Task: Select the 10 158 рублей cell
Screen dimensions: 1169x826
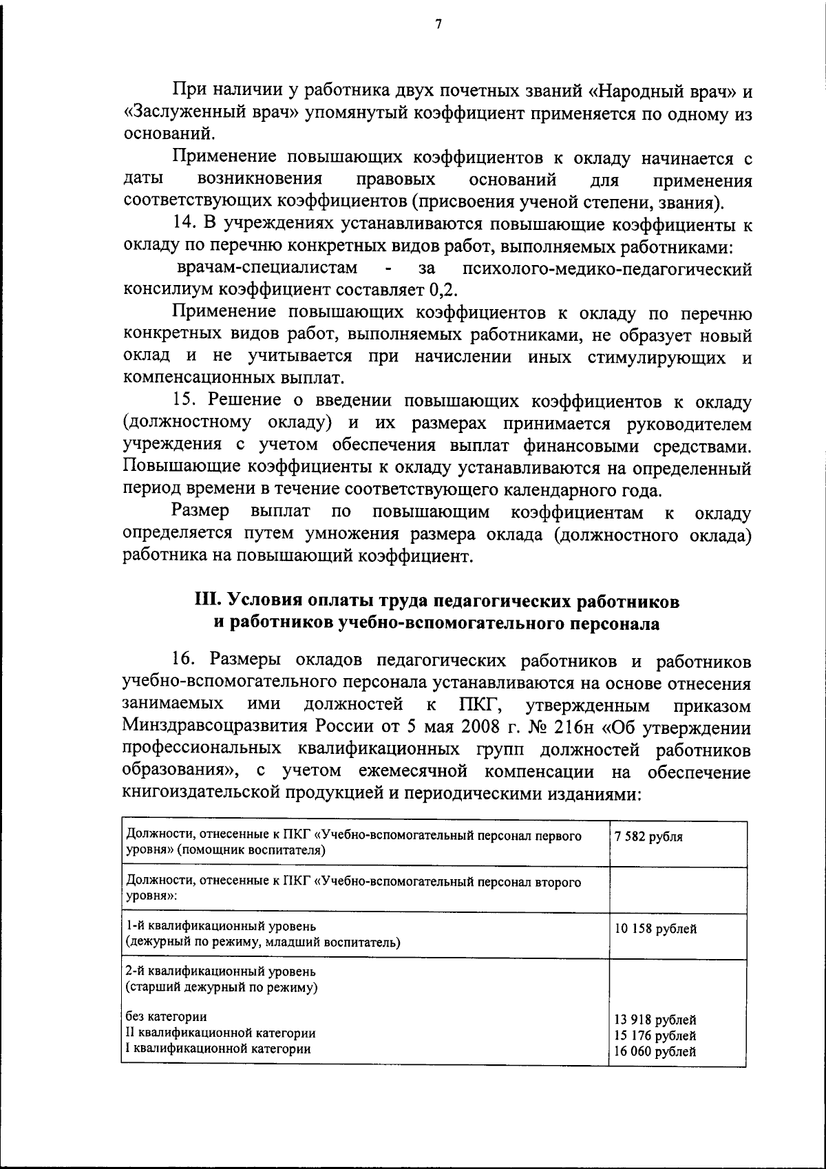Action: (x=656, y=929)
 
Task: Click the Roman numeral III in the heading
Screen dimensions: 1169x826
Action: (x=205, y=601)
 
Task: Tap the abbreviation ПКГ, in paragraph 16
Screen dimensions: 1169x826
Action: (x=480, y=705)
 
